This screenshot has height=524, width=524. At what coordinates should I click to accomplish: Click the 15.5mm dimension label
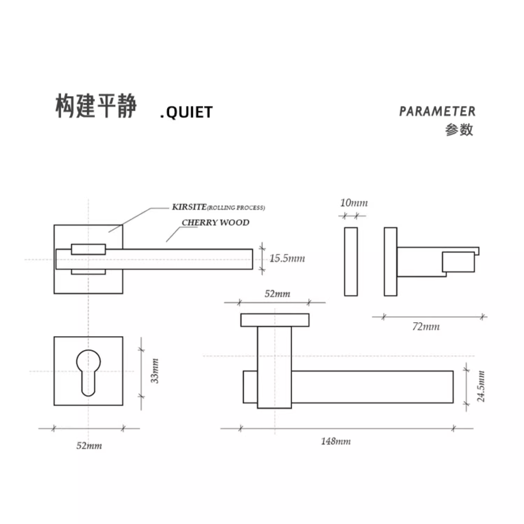[x=287, y=258]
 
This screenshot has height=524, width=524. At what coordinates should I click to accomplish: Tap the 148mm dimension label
[x=336, y=441]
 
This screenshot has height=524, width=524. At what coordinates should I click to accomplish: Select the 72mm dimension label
[x=426, y=327]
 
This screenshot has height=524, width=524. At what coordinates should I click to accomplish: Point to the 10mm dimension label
[x=354, y=203]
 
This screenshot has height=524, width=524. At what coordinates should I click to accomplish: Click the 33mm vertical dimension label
[x=155, y=371]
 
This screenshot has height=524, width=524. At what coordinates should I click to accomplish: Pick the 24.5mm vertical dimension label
[x=481, y=386]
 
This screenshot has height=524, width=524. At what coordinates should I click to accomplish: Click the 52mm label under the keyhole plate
[x=89, y=446]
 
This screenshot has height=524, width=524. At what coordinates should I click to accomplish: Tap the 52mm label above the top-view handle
[x=277, y=294]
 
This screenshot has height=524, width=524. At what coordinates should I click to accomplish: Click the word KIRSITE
[x=189, y=207]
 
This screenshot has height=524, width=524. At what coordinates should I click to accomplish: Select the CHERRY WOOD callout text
[x=215, y=222]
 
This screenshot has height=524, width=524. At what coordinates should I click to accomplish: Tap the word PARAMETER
[x=437, y=111]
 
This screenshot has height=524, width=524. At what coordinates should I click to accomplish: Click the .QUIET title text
[x=186, y=112]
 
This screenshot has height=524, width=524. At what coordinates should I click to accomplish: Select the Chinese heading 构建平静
[x=96, y=106]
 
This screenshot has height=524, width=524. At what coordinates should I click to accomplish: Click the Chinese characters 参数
[x=459, y=130]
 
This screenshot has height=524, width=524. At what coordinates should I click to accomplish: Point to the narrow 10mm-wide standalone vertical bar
[x=351, y=261]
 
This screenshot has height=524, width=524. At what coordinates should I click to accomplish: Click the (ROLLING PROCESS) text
[x=236, y=208]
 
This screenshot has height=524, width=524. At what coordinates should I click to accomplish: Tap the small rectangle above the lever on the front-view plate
[x=88, y=249]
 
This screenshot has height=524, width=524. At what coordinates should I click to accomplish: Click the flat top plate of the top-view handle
[x=275, y=320]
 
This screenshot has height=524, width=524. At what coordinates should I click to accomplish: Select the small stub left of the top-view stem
[x=250, y=387]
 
